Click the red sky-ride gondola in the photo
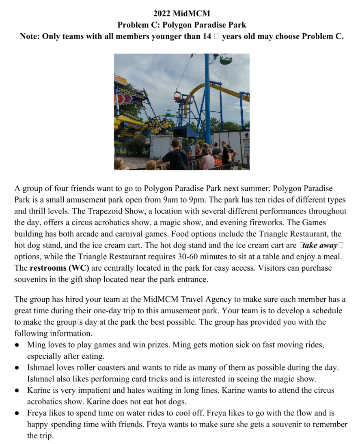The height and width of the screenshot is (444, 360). click(178, 96)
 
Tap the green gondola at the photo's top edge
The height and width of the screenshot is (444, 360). click(226, 59)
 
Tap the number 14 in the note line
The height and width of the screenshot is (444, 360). click(206, 36)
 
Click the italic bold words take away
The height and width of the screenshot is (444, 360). click(321, 246)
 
